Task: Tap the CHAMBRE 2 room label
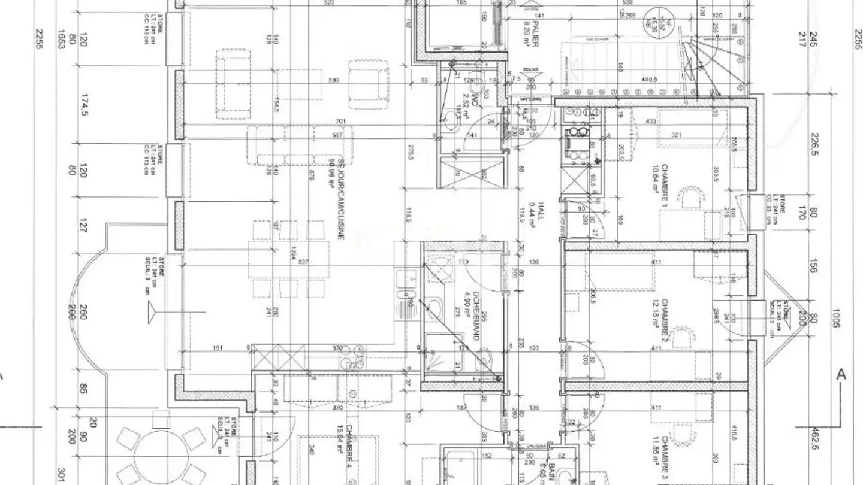666,317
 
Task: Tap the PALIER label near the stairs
535,36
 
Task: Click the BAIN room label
551,473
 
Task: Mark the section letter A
841,375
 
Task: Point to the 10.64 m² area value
654,180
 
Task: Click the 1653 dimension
61,40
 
